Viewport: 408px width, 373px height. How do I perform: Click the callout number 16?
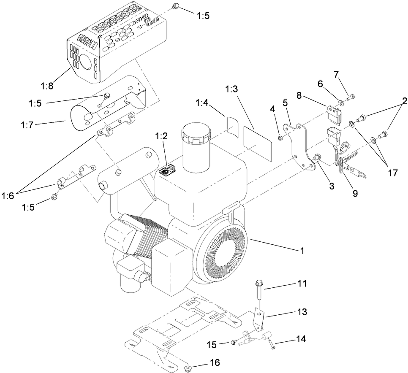[215, 363]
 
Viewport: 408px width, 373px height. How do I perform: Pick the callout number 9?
[354, 193]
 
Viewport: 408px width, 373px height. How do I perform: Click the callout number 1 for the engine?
[301, 250]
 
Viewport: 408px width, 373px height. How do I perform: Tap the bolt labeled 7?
[350, 99]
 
